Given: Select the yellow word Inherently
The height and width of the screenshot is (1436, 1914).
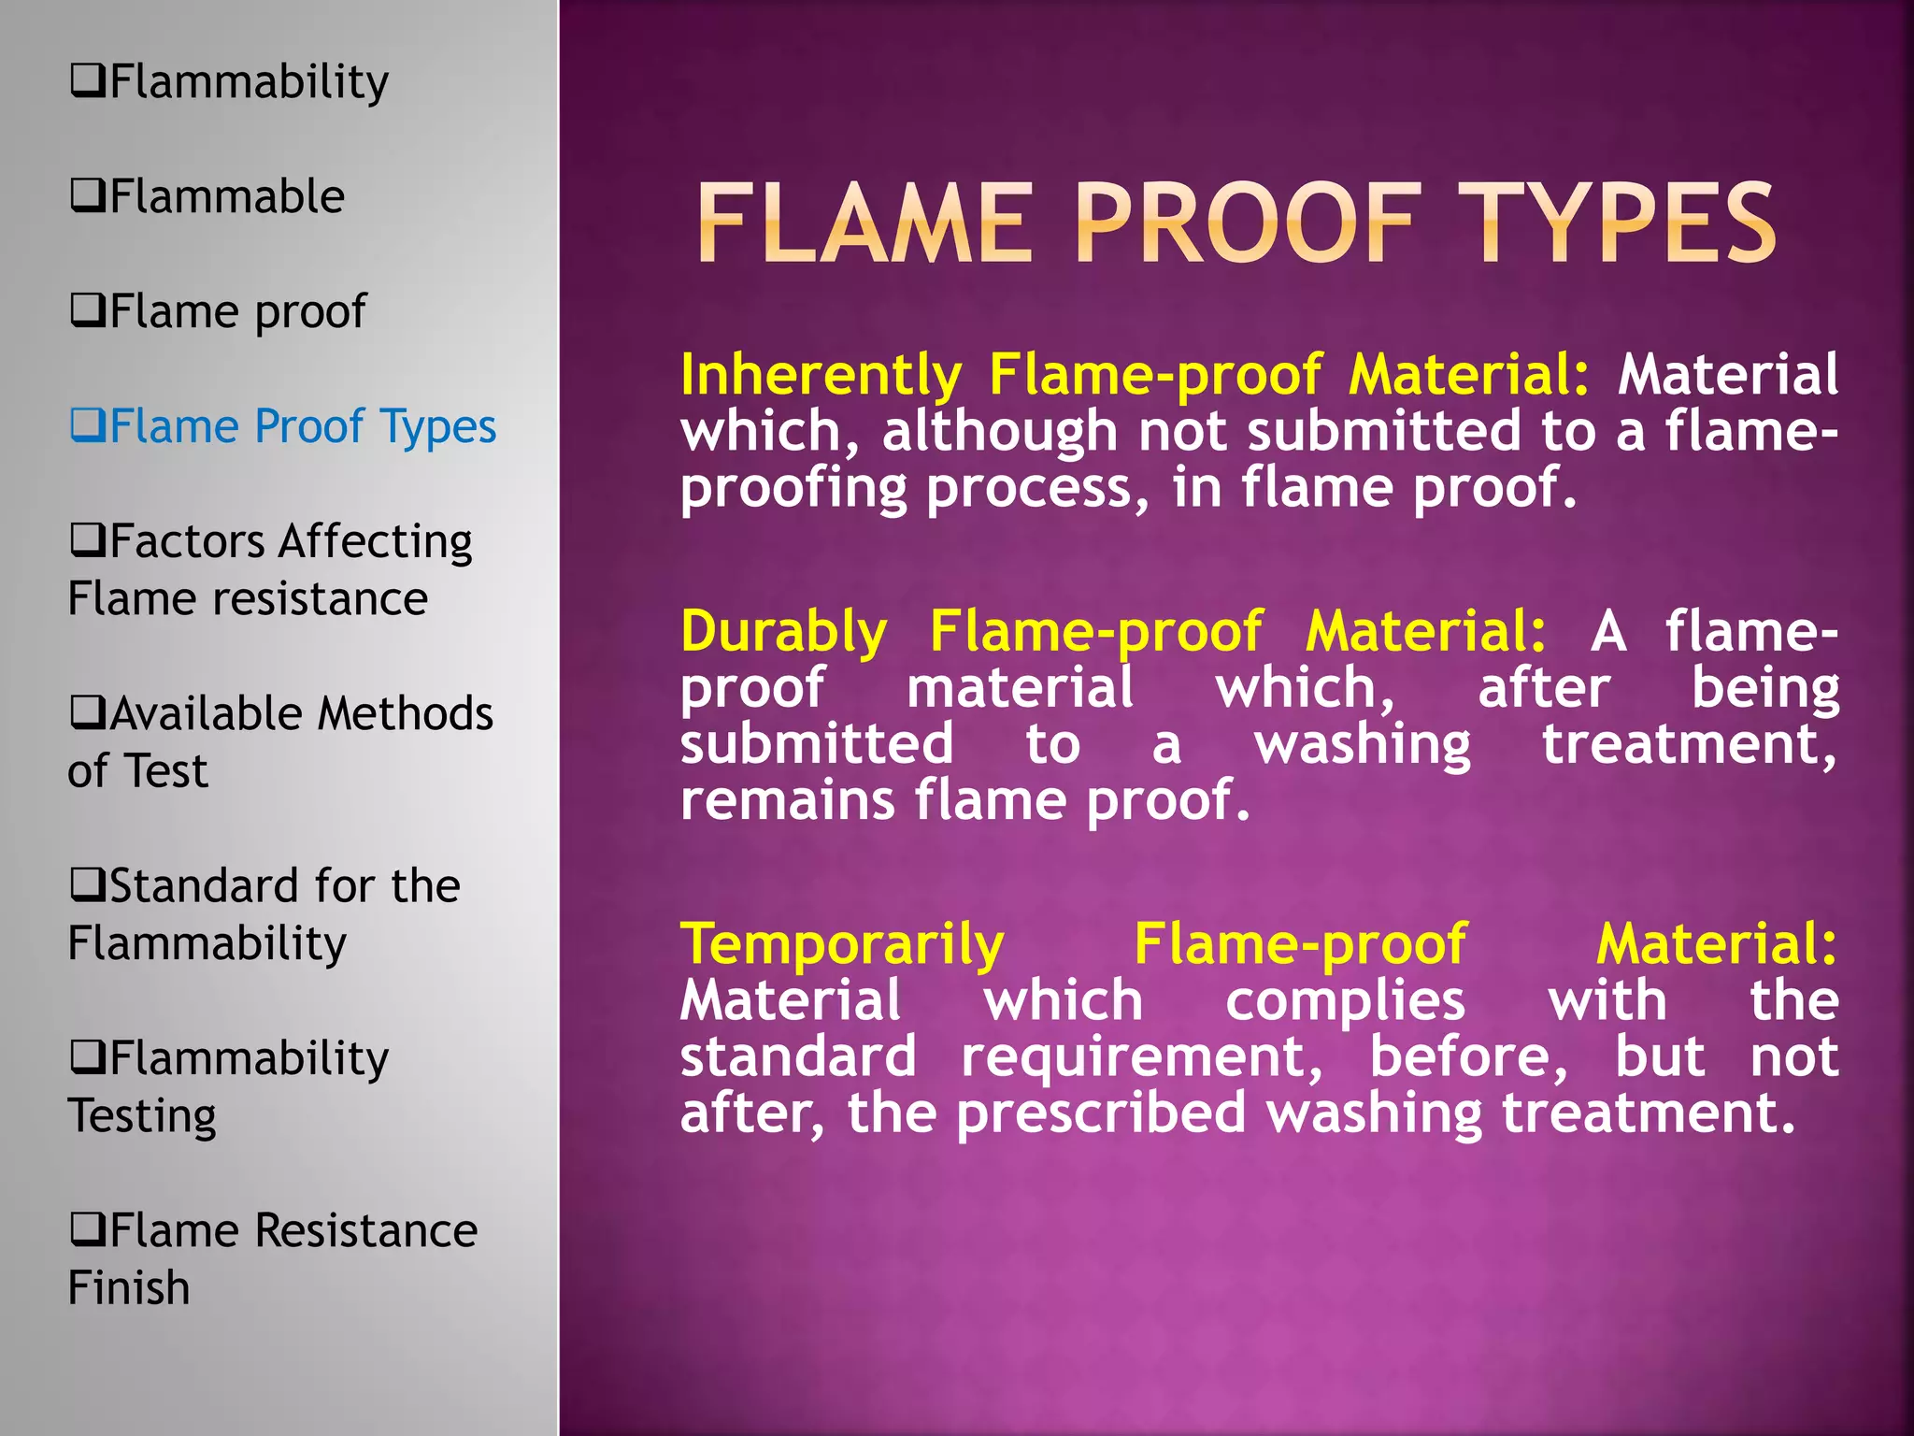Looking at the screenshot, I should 821,376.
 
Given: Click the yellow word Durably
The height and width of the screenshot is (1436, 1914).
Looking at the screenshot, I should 783,632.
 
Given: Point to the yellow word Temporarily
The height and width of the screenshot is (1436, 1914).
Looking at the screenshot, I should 842,944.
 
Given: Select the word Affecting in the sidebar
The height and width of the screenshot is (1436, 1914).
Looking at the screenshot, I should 375,542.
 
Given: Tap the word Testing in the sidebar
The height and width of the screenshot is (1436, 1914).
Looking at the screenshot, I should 142,1116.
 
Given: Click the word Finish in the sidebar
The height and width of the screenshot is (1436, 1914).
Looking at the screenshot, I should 129,1288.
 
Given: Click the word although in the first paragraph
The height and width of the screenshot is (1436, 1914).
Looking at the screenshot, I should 999,432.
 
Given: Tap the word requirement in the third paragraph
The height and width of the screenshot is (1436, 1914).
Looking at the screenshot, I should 1141,1057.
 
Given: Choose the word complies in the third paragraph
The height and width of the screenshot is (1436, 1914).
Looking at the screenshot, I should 1345,1001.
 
